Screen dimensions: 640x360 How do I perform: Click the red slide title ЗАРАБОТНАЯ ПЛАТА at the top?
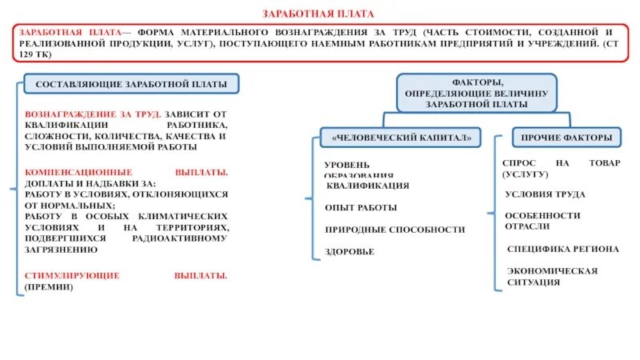pyautogui.click(x=319, y=14)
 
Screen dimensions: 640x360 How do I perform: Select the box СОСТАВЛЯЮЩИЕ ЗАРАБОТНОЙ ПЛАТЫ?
pyautogui.click(x=130, y=84)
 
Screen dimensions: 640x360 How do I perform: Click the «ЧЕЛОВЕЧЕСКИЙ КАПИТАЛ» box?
pyautogui.click(x=396, y=138)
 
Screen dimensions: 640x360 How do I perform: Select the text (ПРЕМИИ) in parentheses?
pyautogui.click(x=49, y=286)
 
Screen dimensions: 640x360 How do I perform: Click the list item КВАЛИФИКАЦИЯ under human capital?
pyautogui.click(x=368, y=186)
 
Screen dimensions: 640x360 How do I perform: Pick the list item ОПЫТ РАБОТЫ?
pyautogui.click(x=361, y=207)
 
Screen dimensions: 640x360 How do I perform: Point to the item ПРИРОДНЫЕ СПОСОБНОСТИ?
pyautogui.click(x=394, y=230)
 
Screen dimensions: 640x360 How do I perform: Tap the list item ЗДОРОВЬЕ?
pyautogui.click(x=350, y=251)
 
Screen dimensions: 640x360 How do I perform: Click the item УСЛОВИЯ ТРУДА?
pyautogui.click(x=545, y=194)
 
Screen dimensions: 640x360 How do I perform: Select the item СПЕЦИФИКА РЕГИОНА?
pyautogui.click(x=562, y=249)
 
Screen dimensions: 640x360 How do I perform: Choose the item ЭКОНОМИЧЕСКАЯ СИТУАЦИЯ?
pyautogui.click(x=552, y=276)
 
